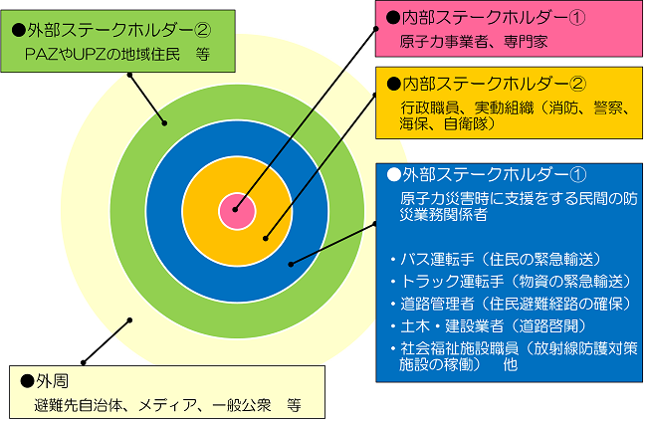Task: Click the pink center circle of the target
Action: click(237, 211)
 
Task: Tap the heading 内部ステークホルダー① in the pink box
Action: click(486, 18)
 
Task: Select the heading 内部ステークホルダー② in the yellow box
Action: click(486, 84)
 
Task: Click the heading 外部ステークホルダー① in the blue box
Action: click(487, 175)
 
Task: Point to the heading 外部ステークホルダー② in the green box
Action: click(111, 30)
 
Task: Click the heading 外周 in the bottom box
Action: click(45, 381)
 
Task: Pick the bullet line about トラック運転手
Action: click(511, 282)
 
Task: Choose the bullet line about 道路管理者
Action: click(511, 304)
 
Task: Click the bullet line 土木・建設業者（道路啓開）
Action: click(488, 326)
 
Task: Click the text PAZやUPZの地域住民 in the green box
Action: click(103, 54)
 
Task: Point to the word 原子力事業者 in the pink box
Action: click(444, 42)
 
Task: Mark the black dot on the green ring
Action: click(164, 123)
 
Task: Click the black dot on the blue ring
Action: click(291, 264)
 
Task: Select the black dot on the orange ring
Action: click(266, 238)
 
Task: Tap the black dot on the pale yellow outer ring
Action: click(129, 320)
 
